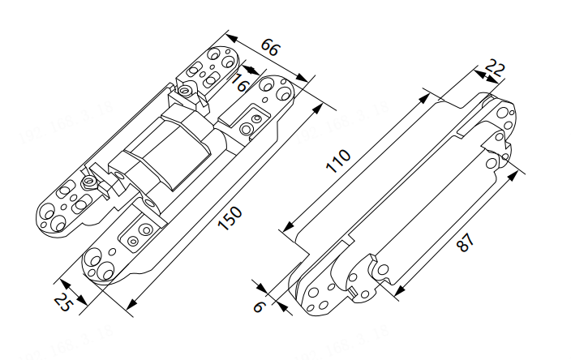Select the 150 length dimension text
click(230, 218)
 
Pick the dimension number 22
click(496, 68)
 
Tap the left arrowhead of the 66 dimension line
click(229, 36)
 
